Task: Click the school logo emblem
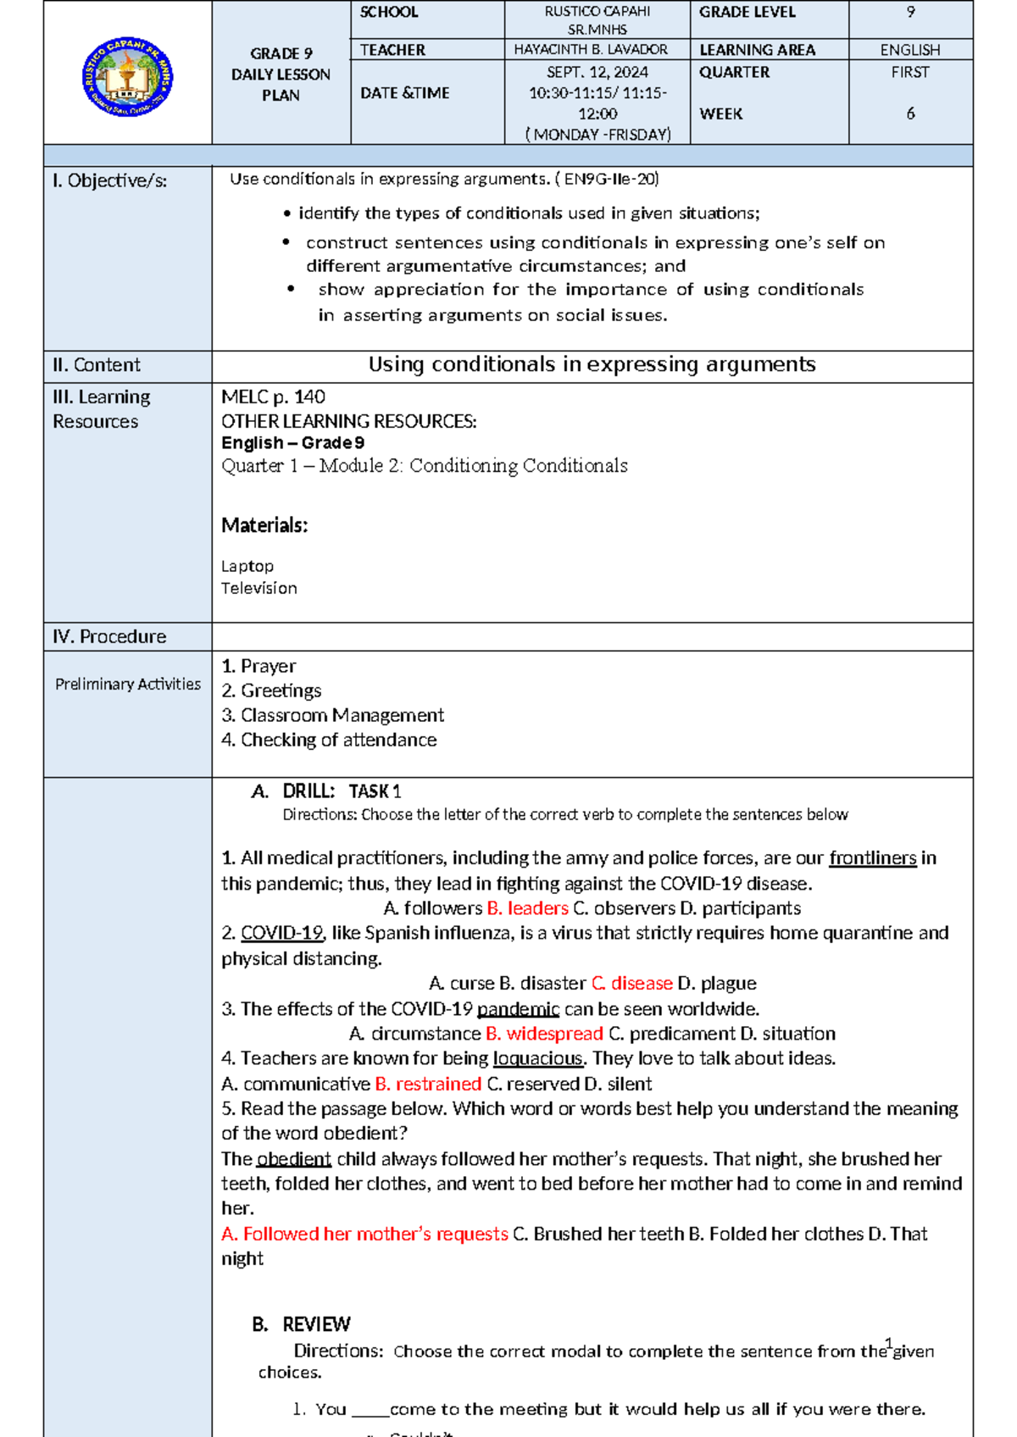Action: tap(127, 77)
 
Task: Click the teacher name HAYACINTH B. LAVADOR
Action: tap(591, 50)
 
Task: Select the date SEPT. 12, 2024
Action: tap(597, 72)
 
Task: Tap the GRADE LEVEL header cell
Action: tap(747, 12)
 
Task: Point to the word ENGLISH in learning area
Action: tap(909, 50)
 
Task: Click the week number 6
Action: tap(910, 114)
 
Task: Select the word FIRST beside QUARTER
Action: tap(909, 72)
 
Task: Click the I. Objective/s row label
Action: tap(109, 180)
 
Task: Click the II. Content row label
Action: tap(96, 365)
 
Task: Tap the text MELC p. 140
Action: tap(273, 397)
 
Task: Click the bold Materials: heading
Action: tap(264, 525)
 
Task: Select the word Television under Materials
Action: tap(259, 588)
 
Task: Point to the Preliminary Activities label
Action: tap(128, 684)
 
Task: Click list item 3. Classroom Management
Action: tap(332, 715)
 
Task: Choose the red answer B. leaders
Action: tap(527, 908)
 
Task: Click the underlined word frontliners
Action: tap(872, 858)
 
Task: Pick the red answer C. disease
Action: tap(631, 983)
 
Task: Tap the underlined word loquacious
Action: tap(537, 1058)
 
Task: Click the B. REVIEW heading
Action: tap(301, 1324)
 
